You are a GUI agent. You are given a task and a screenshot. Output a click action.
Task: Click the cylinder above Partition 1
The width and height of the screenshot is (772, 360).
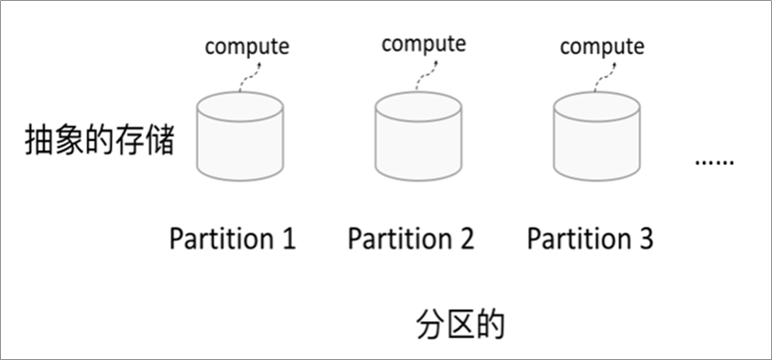(240, 138)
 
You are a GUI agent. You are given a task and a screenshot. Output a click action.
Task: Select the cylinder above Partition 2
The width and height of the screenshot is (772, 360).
(418, 138)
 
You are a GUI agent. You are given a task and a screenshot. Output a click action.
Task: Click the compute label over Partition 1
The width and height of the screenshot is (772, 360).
(246, 46)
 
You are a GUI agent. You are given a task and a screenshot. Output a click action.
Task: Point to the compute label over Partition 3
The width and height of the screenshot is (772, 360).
(602, 46)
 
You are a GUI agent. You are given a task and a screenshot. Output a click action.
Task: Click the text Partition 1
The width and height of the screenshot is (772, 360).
(232, 239)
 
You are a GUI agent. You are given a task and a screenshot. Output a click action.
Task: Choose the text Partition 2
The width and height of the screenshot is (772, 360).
(411, 239)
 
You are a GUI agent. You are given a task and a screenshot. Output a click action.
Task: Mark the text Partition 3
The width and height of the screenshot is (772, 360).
(590, 239)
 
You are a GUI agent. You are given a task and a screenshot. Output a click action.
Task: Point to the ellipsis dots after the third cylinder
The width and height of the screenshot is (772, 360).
(714, 163)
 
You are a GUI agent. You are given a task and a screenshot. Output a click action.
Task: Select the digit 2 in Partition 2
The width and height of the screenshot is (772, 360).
(466, 239)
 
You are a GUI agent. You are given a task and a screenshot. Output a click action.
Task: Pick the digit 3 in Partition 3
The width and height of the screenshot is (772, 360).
(645, 239)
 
